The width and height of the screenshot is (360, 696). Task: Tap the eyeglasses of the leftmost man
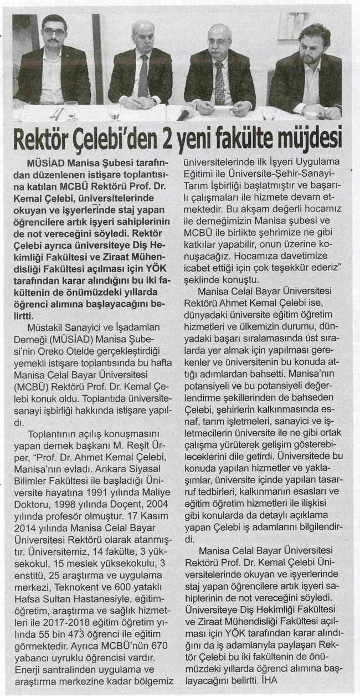[54, 32]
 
